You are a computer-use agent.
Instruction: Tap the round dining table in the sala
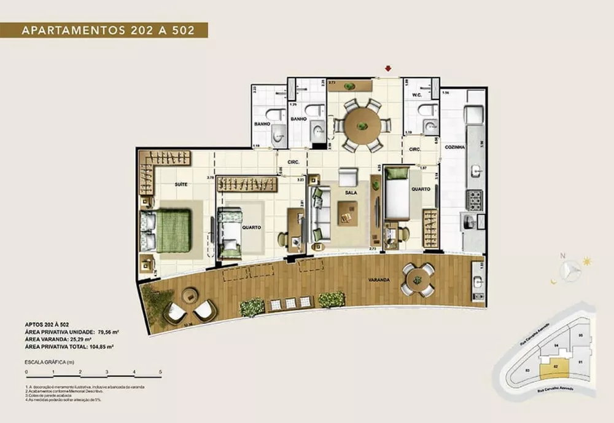point(362,125)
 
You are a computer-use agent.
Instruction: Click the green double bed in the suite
point(173,231)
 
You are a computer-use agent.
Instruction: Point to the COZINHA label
point(456,148)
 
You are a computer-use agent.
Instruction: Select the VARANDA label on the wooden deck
point(379,280)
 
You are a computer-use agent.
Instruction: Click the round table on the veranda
point(418,280)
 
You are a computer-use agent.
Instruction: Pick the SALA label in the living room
point(351,192)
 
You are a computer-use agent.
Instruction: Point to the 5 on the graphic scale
point(160,372)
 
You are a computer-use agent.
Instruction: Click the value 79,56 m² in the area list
point(106,331)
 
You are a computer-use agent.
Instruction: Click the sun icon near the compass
point(588,261)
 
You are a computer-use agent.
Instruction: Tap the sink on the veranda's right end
point(478,282)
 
